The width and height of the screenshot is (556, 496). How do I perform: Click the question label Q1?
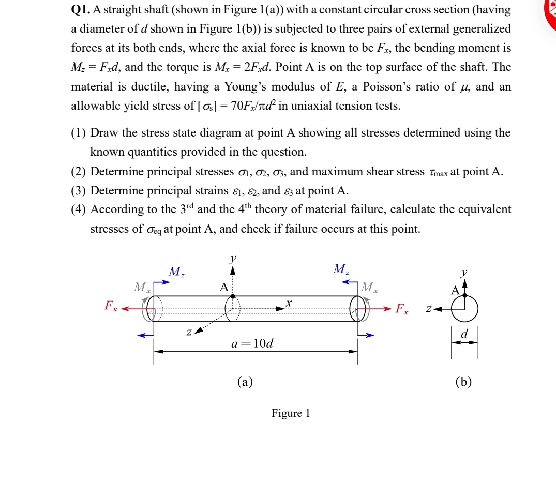tap(79, 10)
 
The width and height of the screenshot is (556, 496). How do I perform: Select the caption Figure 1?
tap(290, 413)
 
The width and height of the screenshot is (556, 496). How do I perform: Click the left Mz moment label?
tap(176, 271)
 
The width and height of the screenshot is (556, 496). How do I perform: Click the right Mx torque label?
tap(370, 288)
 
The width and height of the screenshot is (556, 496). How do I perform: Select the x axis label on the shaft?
tap(290, 300)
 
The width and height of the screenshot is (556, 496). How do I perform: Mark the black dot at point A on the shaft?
tap(233, 297)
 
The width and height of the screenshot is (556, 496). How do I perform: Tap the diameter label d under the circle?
tap(464, 335)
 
